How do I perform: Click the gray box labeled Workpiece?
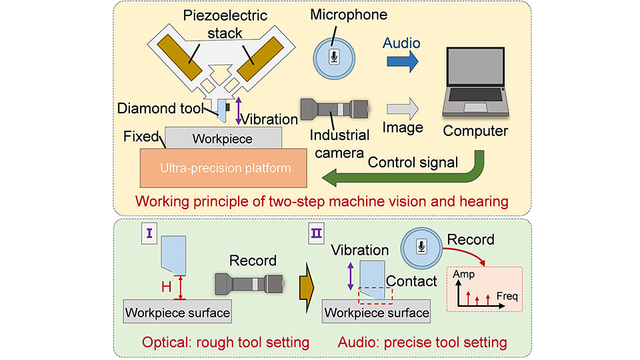[x=222, y=139]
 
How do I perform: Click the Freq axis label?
[x=507, y=295]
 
